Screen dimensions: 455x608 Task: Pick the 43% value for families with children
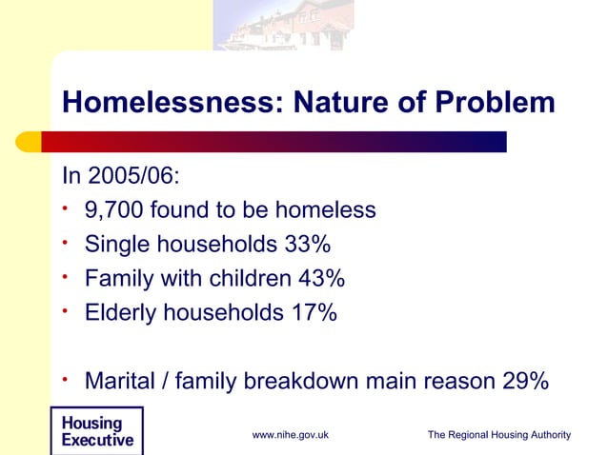tap(320, 279)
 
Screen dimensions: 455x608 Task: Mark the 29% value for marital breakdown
tap(523, 382)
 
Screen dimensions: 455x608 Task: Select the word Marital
tap(121, 382)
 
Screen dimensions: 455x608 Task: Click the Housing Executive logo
tap(96, 431)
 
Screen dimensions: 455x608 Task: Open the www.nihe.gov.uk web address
tap(290, 435)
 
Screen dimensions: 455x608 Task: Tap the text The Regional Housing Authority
tap(498, 435)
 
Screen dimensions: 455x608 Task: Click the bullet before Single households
tap(67, 243)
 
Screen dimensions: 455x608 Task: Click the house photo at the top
tap(283, 25)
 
